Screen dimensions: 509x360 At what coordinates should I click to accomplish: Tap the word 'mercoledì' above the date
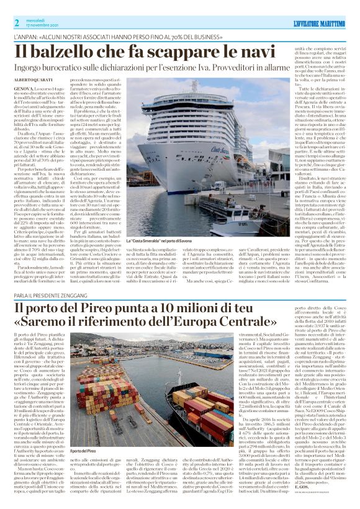(x=38, y=20)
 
